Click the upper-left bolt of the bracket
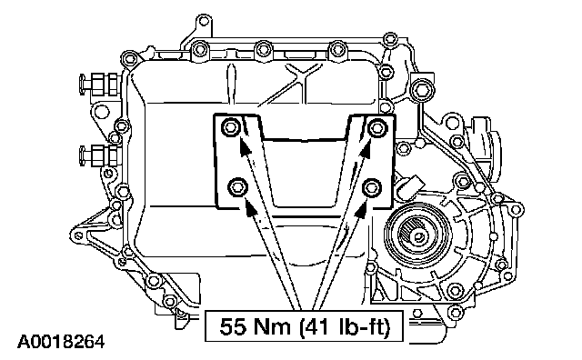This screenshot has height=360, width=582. (x=229, y=127)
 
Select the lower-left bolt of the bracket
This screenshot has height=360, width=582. (x=237, y=186)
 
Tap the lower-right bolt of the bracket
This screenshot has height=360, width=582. (x=372, y=186)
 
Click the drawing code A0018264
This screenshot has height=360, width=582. (x=62, y=342)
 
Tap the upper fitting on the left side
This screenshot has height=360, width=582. (x=99, y=83)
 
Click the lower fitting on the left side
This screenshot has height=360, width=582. (x=99, y=155)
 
